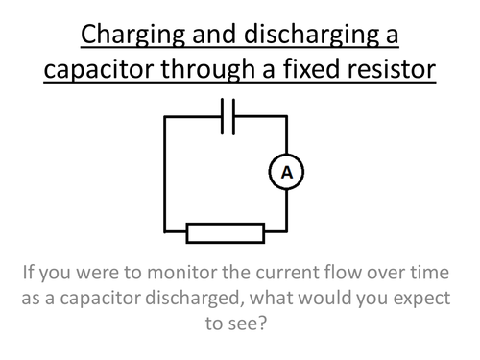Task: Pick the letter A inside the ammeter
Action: (x=285, y=173)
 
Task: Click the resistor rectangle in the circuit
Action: (x=225, y=232)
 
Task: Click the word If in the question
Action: (x=30, y=272)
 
